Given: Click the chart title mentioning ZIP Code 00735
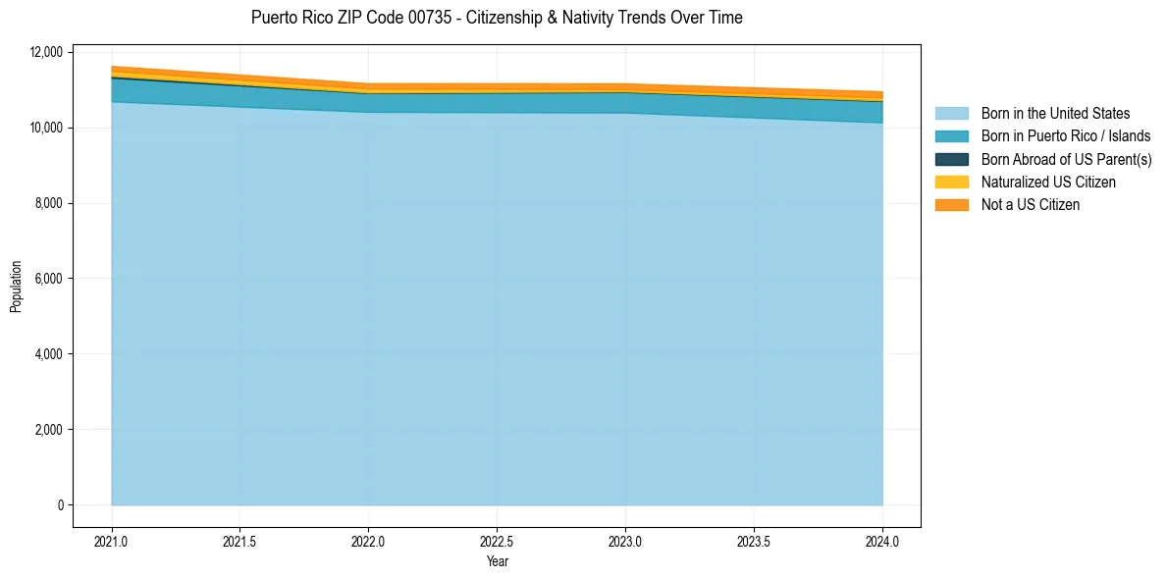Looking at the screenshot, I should (497, 18).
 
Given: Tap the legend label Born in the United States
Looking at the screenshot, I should (1055, 114).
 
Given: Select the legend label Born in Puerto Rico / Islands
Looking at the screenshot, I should (1066, 136).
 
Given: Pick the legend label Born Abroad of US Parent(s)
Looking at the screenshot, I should (1066, 159).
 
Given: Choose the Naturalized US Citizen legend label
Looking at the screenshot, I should (1048, 183).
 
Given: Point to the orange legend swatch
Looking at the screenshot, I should (951, 205).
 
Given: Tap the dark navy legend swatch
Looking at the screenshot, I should (951, 159).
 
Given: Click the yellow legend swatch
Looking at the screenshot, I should (951, 183).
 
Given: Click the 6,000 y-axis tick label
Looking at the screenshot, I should (47, 279).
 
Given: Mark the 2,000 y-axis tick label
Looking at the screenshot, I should (47, 430).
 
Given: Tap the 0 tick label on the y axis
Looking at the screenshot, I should (58, 505).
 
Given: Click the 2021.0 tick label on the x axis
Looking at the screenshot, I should (111, 541).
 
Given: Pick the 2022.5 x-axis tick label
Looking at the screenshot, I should (497, 541).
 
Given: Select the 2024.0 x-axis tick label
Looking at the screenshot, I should (882, 541).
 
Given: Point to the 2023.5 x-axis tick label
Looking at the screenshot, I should (754, 541).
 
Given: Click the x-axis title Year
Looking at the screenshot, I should (497, 562).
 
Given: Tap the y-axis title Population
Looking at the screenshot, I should (16, 287).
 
